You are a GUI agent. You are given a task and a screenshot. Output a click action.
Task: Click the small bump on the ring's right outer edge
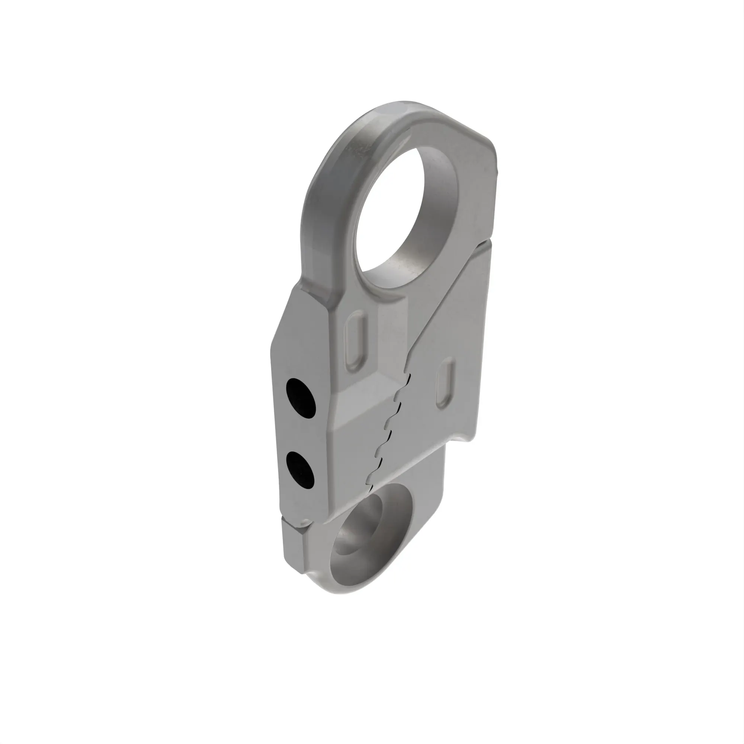pyautogui.click(x=497, y=171)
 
